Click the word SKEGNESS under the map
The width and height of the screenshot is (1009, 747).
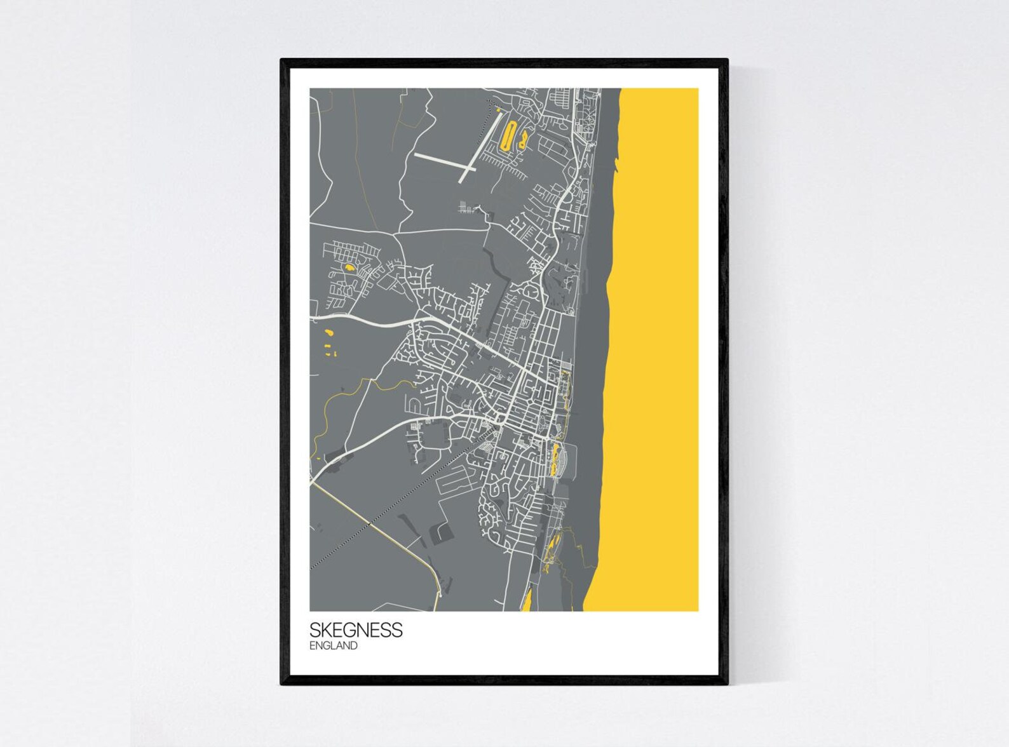355,629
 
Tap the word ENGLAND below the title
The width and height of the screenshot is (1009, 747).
333,646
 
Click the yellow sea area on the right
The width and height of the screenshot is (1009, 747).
654,318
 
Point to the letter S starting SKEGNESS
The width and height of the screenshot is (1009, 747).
315,629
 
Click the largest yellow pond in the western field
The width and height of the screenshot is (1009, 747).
328,332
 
